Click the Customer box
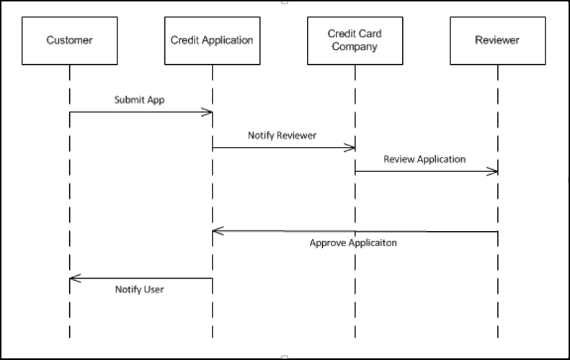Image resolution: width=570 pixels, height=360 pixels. click(69, 40)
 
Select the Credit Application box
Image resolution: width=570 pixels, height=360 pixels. click(212, 40)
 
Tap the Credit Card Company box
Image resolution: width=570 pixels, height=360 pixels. click(354, 40)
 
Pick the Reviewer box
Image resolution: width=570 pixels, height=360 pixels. click(496, 40)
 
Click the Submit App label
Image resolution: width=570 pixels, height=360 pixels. click(139, 100)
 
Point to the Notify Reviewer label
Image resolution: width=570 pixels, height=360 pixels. click(282, 135)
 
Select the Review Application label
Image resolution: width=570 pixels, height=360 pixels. click(424, 159)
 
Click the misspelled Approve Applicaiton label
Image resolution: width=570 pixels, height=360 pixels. click(353, 243)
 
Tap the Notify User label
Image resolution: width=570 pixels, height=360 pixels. click(139, 289)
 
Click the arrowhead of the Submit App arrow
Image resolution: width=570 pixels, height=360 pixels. click(208, 112)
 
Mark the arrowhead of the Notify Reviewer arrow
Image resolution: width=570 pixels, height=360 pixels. click(351, 148)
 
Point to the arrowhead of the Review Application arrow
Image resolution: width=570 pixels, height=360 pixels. click(494, 171)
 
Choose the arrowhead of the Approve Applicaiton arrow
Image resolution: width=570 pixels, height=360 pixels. click(217, 231)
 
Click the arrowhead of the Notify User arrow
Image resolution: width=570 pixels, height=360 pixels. click(74, 279)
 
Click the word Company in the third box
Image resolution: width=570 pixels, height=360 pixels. click(354, 48)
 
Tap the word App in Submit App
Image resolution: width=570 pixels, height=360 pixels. click(156, 100)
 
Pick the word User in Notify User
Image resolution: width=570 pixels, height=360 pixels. click(153, 289)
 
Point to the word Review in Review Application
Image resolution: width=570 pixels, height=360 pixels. click(398, 159)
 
